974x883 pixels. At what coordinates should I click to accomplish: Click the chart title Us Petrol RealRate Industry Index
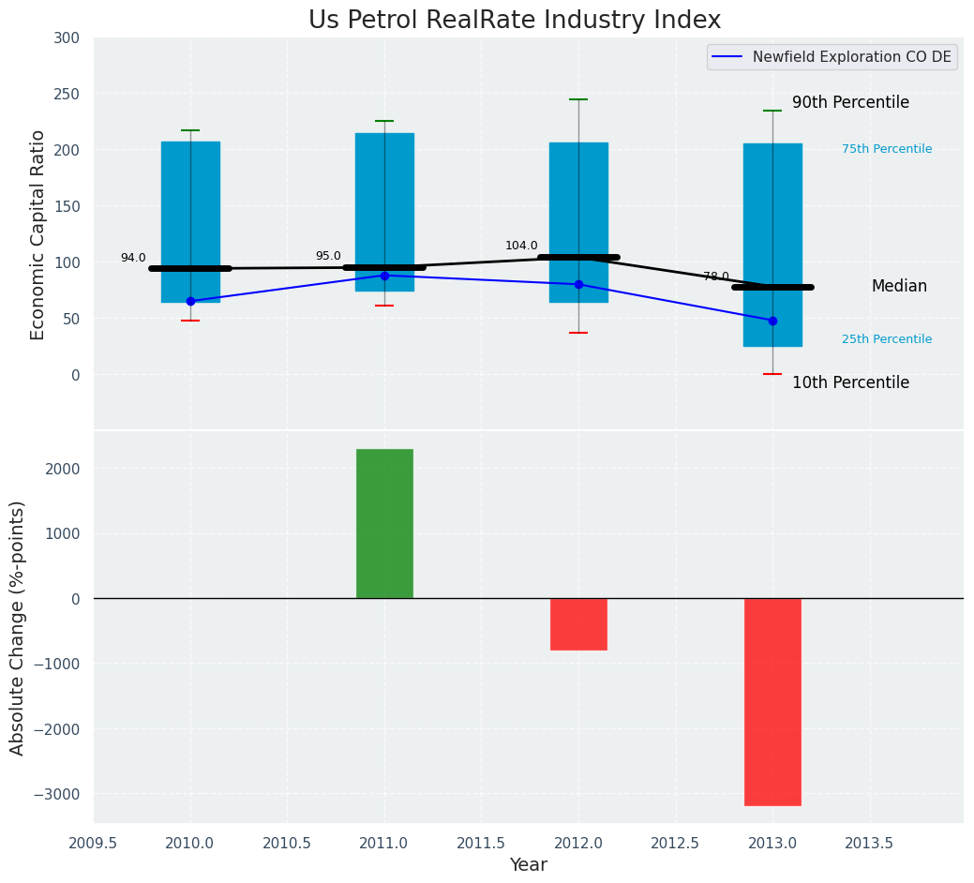515,21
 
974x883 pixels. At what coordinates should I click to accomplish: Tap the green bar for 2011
384,523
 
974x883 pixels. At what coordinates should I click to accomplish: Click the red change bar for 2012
578,624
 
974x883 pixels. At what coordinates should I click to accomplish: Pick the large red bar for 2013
772,701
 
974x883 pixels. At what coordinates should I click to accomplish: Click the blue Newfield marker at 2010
190,301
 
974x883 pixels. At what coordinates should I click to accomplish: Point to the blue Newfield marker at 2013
772,321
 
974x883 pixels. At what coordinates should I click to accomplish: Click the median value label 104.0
521,247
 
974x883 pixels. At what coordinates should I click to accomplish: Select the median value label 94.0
133,259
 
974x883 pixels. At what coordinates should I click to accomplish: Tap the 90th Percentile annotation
850,103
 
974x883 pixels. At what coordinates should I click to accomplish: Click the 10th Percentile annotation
850,383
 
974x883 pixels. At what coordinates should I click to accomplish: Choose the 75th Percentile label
887,149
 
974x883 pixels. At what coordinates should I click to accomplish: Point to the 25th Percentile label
887,339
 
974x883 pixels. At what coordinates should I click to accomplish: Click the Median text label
899,287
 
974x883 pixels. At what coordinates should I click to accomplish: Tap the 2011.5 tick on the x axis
482,843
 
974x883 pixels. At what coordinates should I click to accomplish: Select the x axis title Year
529,865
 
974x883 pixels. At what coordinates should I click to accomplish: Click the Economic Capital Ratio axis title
38,234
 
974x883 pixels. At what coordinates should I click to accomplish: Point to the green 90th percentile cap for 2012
578,99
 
